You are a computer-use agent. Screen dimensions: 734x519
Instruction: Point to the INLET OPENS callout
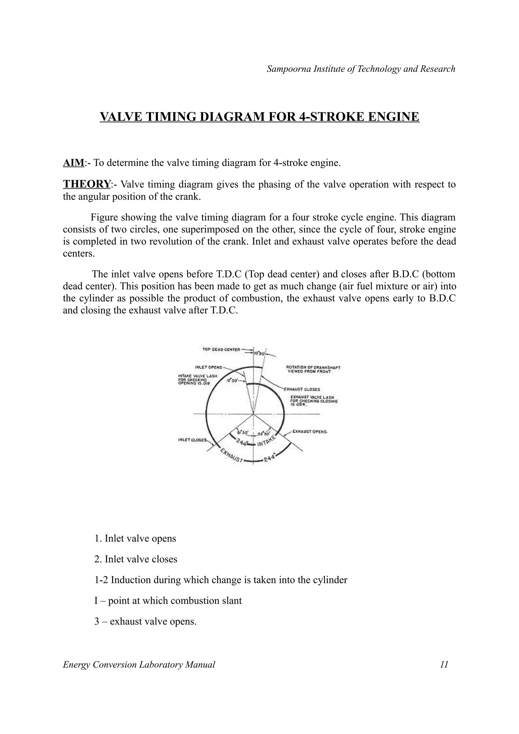pos(209,367)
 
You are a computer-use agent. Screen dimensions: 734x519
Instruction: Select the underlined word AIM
pos(73,163)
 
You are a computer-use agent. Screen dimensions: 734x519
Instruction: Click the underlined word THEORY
pos(87,184)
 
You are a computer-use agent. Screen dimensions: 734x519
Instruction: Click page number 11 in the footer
pos(444,665)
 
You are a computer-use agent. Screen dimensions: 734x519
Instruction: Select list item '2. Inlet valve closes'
pos(136,559)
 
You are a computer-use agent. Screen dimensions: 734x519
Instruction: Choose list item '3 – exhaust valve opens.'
pos(145,622)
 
